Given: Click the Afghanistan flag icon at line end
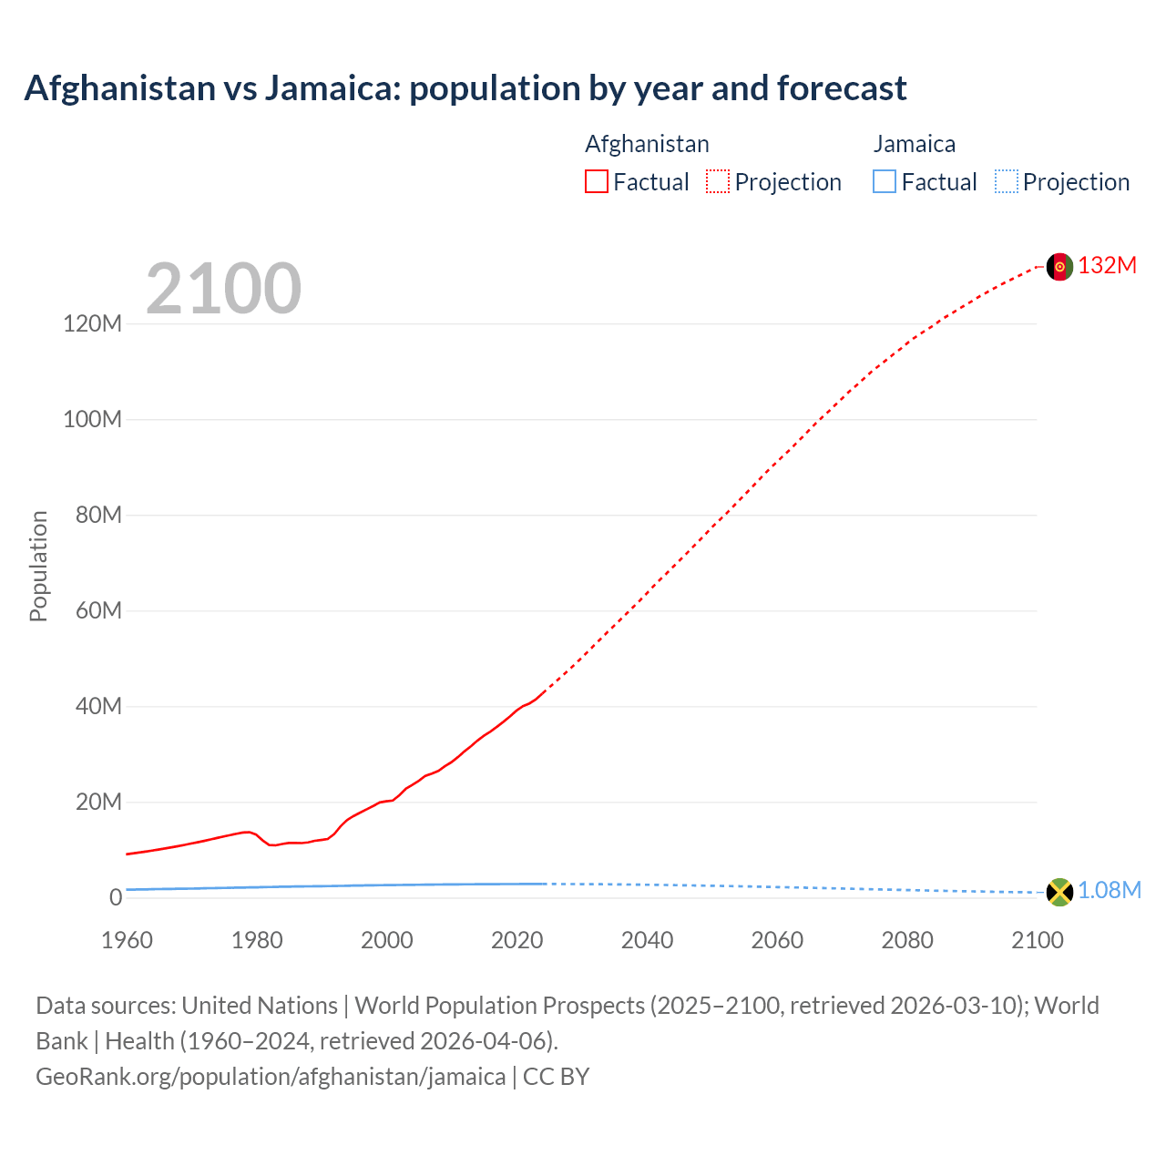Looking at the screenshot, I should [x=1059, y=266].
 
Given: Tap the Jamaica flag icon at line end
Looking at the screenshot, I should [x=1059, y=892].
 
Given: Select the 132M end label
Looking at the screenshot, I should [x=1108, y=265].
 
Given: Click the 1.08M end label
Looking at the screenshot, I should [x=1110, y=890].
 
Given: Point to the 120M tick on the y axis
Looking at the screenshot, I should [x=92, y=323].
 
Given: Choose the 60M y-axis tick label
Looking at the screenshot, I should [x=97, y=610].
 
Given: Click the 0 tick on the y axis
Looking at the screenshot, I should [x=115, y=897].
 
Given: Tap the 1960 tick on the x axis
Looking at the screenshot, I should [x=127, y=940].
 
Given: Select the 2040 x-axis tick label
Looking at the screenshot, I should [x=647, y=940].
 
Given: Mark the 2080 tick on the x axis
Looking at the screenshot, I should [x=907, y=940].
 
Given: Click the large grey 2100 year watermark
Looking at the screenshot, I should [x=223, y=288].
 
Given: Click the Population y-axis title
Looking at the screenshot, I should [x=38, y=566].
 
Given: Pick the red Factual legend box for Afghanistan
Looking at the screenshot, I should [x=597, y=181].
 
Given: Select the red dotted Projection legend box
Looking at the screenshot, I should [x=718, y=181].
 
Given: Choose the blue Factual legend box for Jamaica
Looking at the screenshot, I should [x=885, y=181].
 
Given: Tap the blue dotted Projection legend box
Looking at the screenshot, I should [x=1006, y=181].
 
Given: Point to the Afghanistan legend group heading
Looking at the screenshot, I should [x=647, y=144].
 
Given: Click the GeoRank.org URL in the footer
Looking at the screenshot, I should [x=271, y=1076].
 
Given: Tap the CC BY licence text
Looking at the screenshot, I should [x=557, y=1076].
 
